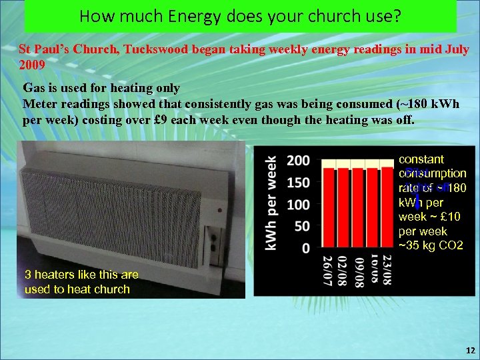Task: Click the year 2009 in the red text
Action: click(32, 65)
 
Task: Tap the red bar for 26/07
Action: click(329, 207)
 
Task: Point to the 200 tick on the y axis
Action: click(298, 161)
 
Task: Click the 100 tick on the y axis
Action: click(298, 204)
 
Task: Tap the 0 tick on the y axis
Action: click(305, 248)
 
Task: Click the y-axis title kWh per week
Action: click(272, 203)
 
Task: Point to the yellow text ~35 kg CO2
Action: click(430, 245)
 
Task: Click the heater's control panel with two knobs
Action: click(214, 243)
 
